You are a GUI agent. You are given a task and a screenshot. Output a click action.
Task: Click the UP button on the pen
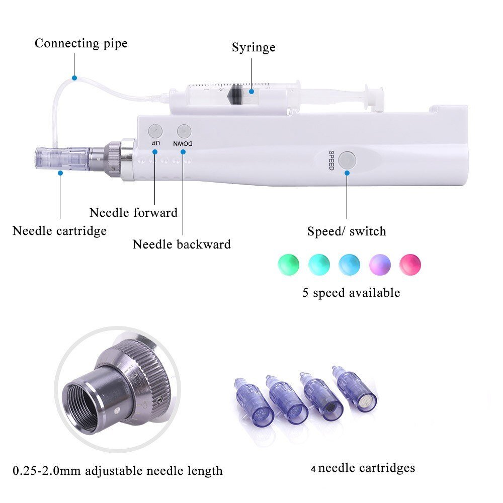(x=155, y=131)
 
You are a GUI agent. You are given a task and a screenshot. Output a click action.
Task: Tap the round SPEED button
(x=347, y=160)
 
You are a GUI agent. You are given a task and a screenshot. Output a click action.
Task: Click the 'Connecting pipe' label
(x=81, y=43)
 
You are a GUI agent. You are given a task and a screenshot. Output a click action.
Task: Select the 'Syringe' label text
(x=254, y=47)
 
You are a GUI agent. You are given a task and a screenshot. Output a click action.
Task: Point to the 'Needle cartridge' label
(x=59, y=231)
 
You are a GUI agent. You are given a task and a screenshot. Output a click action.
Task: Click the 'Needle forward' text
(x=133, y=213)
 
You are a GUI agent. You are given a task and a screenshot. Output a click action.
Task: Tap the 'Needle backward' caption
(x=182, y=244)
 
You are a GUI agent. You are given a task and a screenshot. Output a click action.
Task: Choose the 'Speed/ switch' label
(x=347, y=231)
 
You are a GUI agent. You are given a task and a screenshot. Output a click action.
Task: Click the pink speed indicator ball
(x=410, y=264)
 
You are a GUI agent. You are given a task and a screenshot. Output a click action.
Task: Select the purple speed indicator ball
(x=380, y=264)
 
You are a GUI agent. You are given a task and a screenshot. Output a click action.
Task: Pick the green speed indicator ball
(x=288, y=264)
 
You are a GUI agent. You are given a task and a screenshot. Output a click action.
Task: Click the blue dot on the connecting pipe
(x=74, y=78)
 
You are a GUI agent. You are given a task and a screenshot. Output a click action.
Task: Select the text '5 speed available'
(x=351, y=292)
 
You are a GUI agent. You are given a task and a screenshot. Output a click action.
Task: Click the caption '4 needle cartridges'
(x=363, y=468)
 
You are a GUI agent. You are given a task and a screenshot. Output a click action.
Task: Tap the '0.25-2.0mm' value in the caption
(x=41, y=471)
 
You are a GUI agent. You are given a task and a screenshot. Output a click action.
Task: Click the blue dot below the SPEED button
(x=347, y=173)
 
